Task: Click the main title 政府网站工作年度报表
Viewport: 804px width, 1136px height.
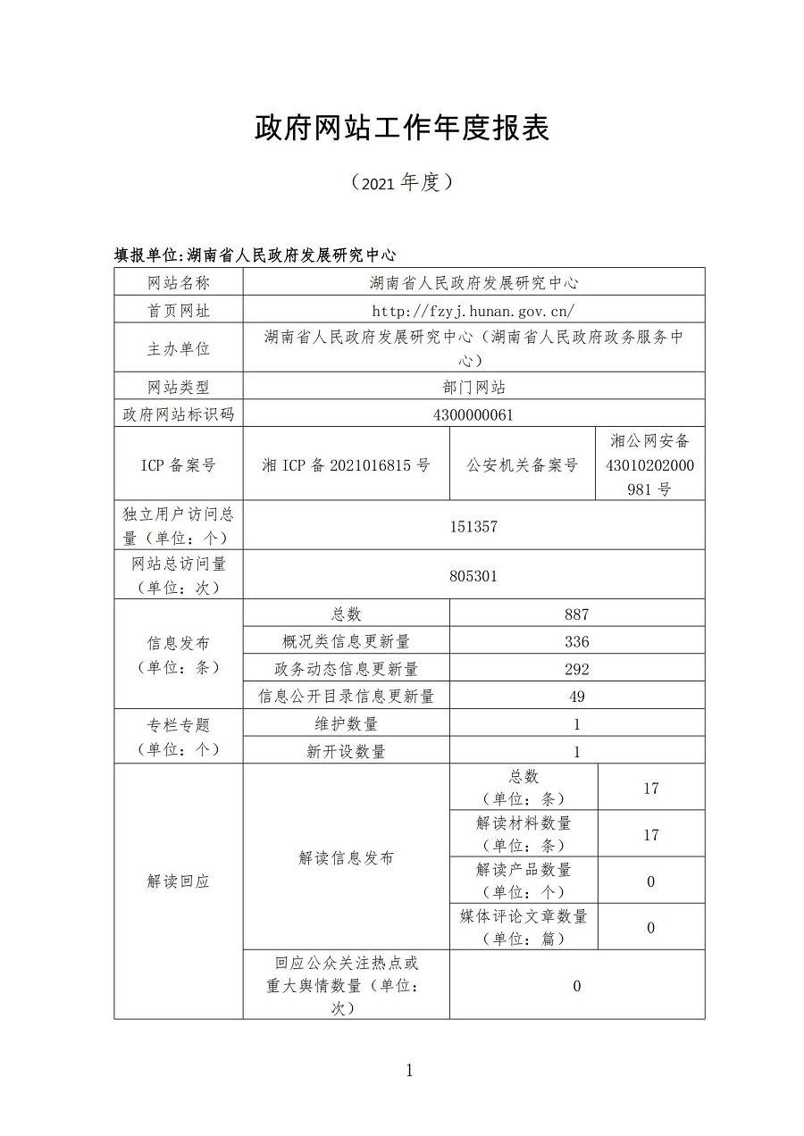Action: click(401, 129)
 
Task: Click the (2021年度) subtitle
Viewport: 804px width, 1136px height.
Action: click(402, 183)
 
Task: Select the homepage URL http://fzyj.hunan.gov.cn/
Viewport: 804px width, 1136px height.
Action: click(473, 311)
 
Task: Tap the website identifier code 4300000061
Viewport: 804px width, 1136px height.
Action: click(473, 414)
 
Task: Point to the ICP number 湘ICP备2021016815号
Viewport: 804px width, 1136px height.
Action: click(346, 464)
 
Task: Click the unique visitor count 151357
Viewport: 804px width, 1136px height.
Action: click(473, 526)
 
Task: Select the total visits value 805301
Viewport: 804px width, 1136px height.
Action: click(473, 576)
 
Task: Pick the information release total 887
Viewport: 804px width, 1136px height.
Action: click(576, 614)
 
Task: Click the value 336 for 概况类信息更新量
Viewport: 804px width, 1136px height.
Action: click(576, 642)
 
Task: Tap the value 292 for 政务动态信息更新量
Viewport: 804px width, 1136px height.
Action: click(576, 669)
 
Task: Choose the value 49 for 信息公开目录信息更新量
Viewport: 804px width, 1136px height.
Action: click(576, 697)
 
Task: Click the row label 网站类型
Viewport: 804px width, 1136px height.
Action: click(178, 387)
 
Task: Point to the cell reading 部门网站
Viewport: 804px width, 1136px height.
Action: click(473, 387)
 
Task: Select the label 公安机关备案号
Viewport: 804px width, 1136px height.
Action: click(523, 464)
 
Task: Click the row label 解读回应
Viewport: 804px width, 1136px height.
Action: click(178, 881)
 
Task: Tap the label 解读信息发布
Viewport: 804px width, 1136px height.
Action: click(346, 858)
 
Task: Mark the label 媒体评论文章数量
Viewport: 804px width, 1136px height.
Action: click(523, 916)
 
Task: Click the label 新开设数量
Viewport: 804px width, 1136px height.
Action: click(346, 752)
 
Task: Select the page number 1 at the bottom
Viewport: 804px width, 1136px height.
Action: click(409, 1071)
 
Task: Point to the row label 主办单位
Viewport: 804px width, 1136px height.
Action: click(178, 348)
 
